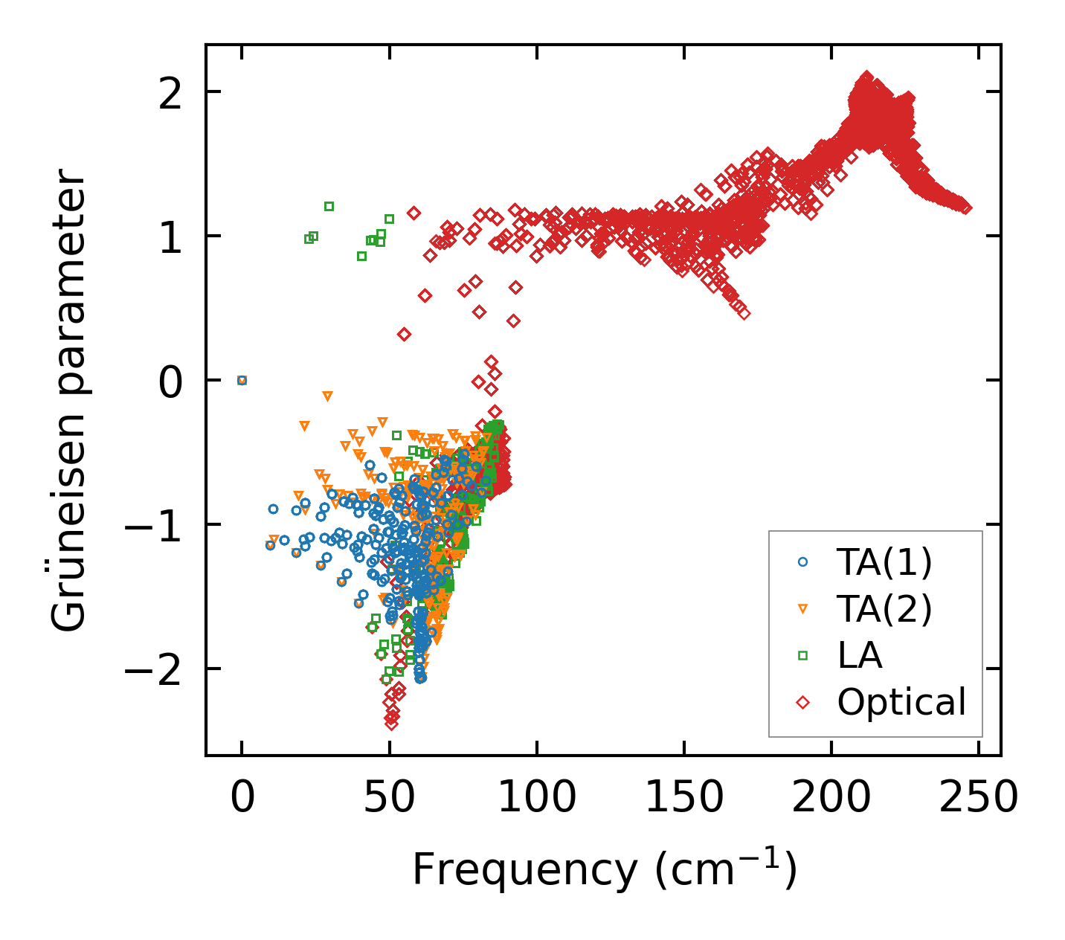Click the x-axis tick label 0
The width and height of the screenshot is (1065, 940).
tap(242, 799)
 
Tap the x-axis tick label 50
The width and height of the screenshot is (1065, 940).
tap(389, 799)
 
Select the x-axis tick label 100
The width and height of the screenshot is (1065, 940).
tap(536, 799)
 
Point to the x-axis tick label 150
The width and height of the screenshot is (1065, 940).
tap(683, 799)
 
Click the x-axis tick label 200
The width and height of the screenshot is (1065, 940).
tap(831, 799)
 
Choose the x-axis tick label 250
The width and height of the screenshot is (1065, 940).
tap(978, 799)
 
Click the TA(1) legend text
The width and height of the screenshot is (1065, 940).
tap(884, 564)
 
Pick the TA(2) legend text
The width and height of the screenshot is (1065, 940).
tap(884, 610)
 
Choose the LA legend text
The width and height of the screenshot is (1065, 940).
tap(860, 656)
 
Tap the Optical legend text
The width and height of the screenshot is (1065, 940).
tap(901, 702)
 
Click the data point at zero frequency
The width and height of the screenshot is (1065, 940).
tap(242, 380)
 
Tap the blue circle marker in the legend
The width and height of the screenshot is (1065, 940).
tap(802, 563)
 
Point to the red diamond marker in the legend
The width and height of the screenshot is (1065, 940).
tap(802, 701)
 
